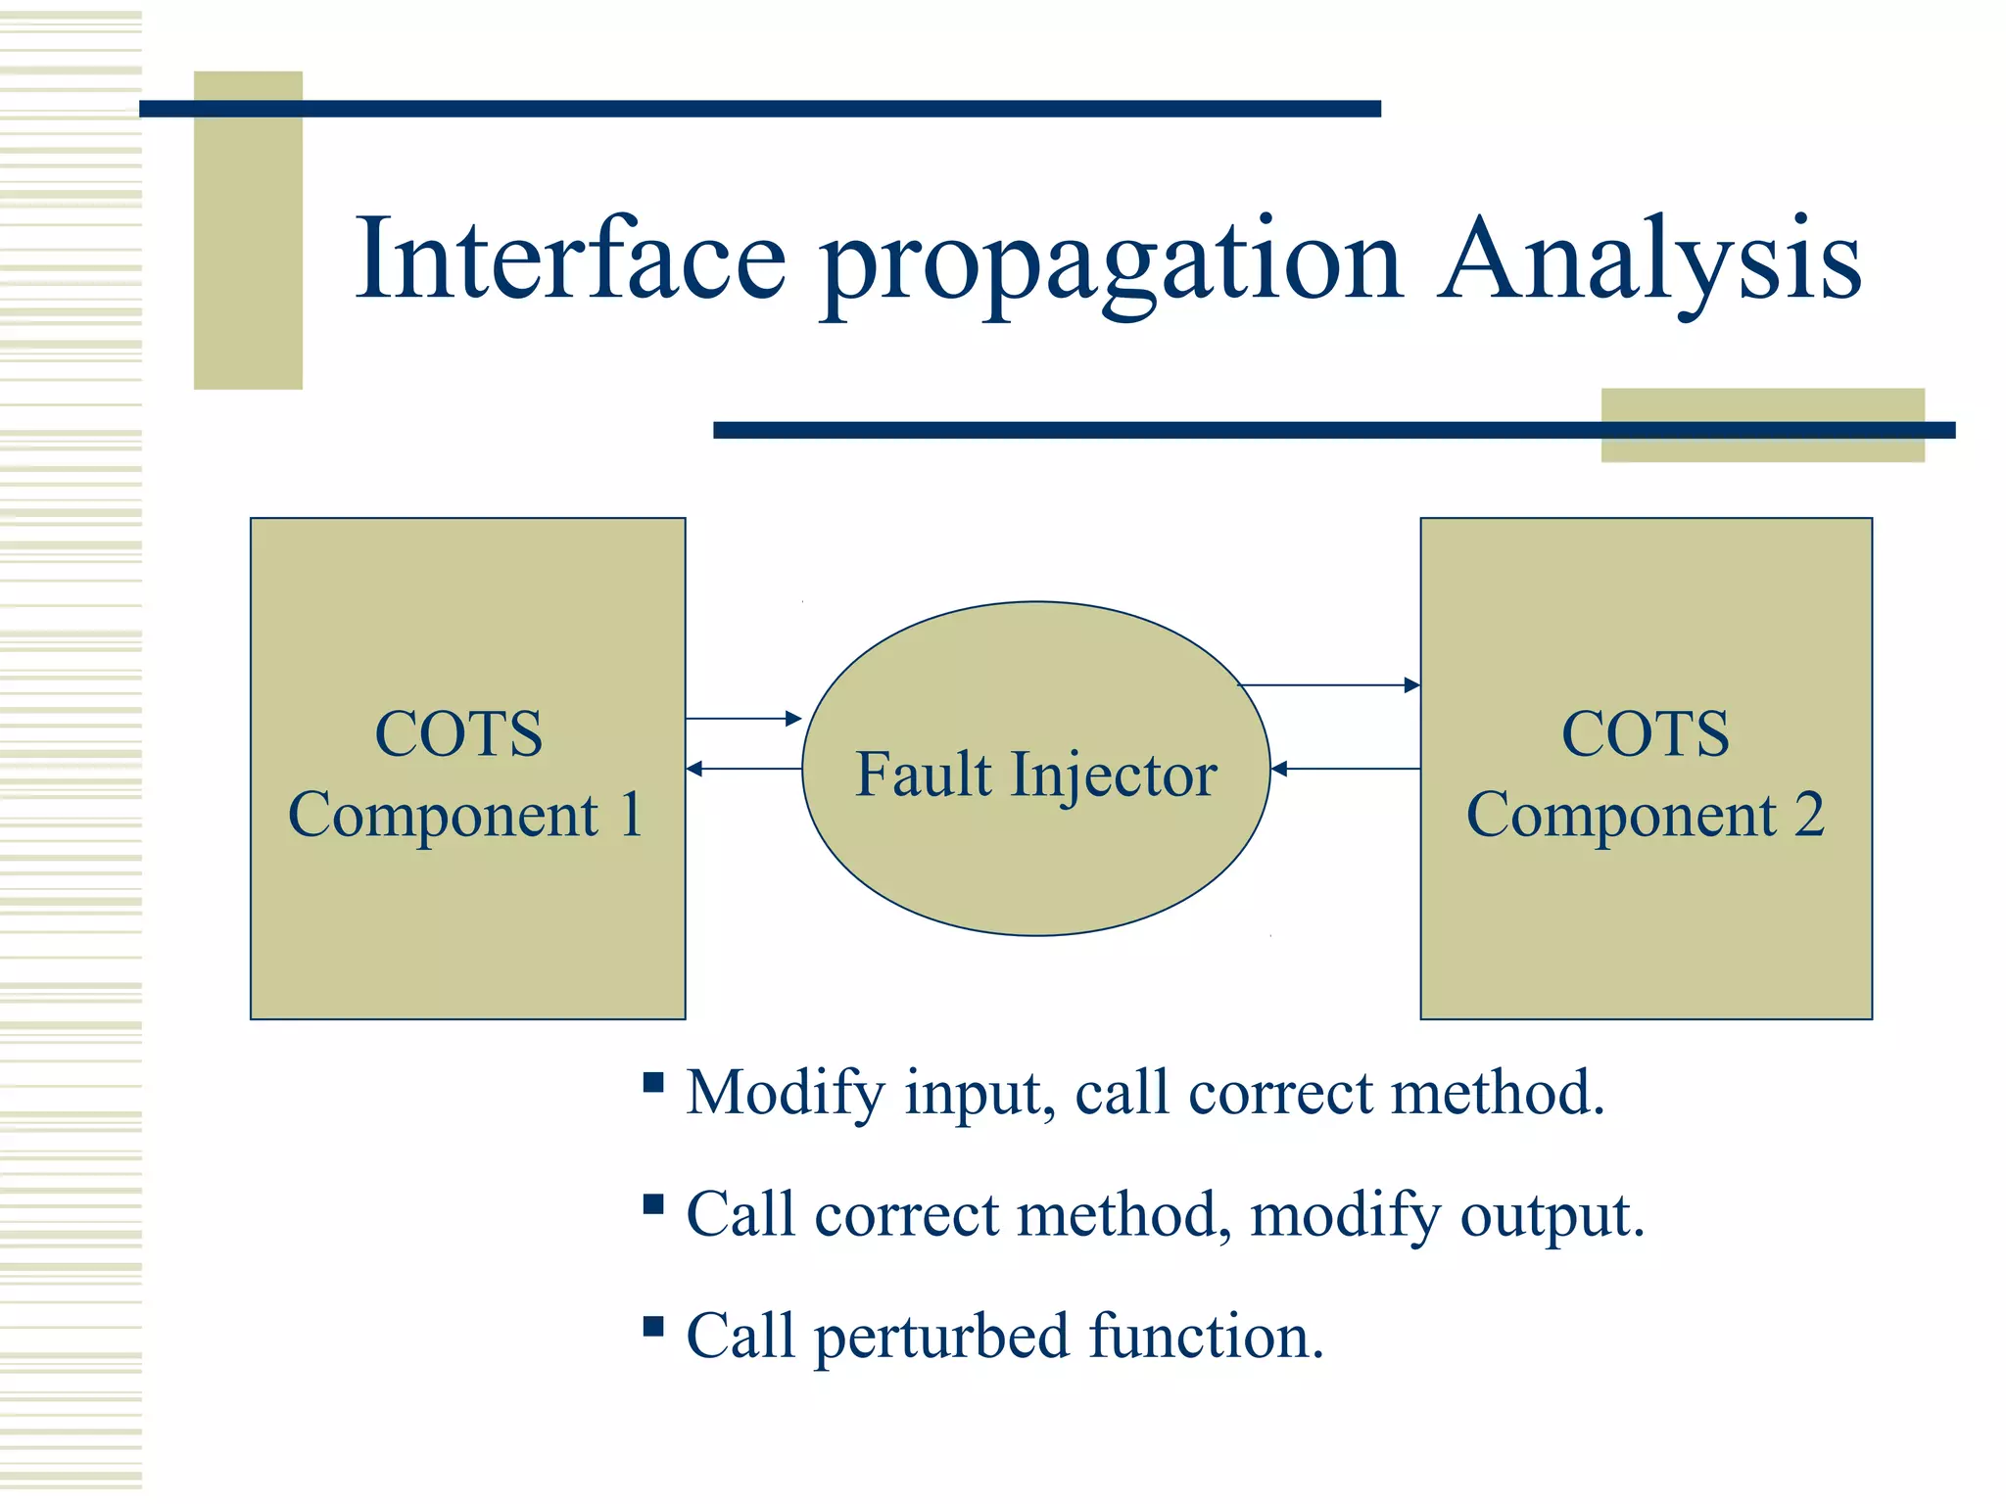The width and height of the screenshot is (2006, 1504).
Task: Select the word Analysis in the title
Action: pyautogui.click(x=1650, y=259)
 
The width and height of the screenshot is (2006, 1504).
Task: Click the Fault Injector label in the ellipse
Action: pyautogui.click(x=1035, y=775)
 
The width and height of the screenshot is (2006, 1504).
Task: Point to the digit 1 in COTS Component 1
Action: pyautogui.click(x=632, y=815)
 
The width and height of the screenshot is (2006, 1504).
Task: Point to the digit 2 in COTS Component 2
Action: pyautogui.click(x=1809, y=815)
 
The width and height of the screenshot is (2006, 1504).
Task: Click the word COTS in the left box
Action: pyautogui.click(x=458, y=733)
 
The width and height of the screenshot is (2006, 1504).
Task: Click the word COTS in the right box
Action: pyautogui.click(x=1646, y=733)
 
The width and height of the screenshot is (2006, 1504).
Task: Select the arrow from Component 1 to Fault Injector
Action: pyautogui.click(x=743, y=719)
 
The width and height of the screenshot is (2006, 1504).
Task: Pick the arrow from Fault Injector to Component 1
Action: pyautogui.click(x=743, y=769)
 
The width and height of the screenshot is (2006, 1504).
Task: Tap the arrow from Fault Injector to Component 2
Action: pyautogui.click(x=1330, y=685)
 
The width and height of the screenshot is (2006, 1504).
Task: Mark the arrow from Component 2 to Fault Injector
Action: pyautogui.click(x=1345, y=769)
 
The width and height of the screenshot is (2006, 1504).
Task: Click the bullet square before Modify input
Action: pyautogui.click(x=653, y=1082)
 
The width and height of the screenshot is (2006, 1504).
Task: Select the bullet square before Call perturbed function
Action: pyautogui.click(x=653, y=1327)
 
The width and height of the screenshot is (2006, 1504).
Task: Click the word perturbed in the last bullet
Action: pyautogui.click(x=941, y=1337)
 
